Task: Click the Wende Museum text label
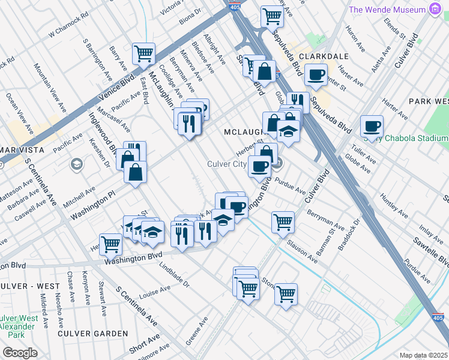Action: (387, 10)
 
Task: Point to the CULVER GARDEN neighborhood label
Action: (93, 333)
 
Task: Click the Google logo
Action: (20, 353)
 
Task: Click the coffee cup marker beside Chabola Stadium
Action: (372, 127)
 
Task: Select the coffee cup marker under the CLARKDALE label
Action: (316, 75)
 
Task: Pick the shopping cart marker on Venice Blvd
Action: (144, 53)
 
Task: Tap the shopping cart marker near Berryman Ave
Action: (283, 222)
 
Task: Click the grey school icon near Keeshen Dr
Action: (76, 164)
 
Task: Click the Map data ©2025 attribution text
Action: (423, 355)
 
